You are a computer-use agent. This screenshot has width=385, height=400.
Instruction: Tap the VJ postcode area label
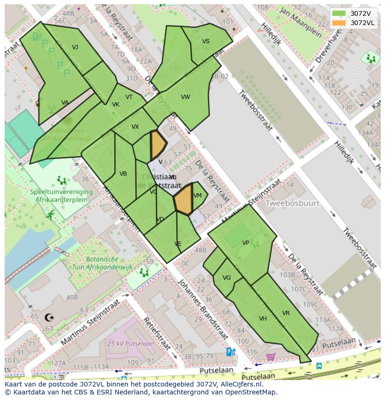point(75,47)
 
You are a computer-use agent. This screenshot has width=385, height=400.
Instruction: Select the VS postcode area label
point(206,41)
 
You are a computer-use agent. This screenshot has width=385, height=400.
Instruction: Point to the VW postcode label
point(186,97)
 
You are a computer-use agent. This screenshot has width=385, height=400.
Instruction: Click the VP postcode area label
point(246,243)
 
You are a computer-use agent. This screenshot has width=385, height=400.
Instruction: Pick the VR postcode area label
point(285,313)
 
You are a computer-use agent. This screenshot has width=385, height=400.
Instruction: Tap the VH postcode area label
point(263,319)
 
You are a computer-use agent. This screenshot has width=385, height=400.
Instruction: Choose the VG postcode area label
point(226,278)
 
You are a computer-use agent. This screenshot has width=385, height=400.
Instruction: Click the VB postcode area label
point(123,174)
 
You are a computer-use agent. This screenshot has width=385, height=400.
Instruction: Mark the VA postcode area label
point(65,103)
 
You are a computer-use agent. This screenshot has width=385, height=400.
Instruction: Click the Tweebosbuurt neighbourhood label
point(292,203)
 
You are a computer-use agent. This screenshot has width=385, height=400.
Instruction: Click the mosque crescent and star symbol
point(49,318)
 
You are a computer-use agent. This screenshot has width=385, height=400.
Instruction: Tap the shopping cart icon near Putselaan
point(271,357)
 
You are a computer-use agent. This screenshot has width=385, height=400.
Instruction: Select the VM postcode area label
point(198,196)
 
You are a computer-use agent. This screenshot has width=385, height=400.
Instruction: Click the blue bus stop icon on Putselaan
point(319,366)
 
